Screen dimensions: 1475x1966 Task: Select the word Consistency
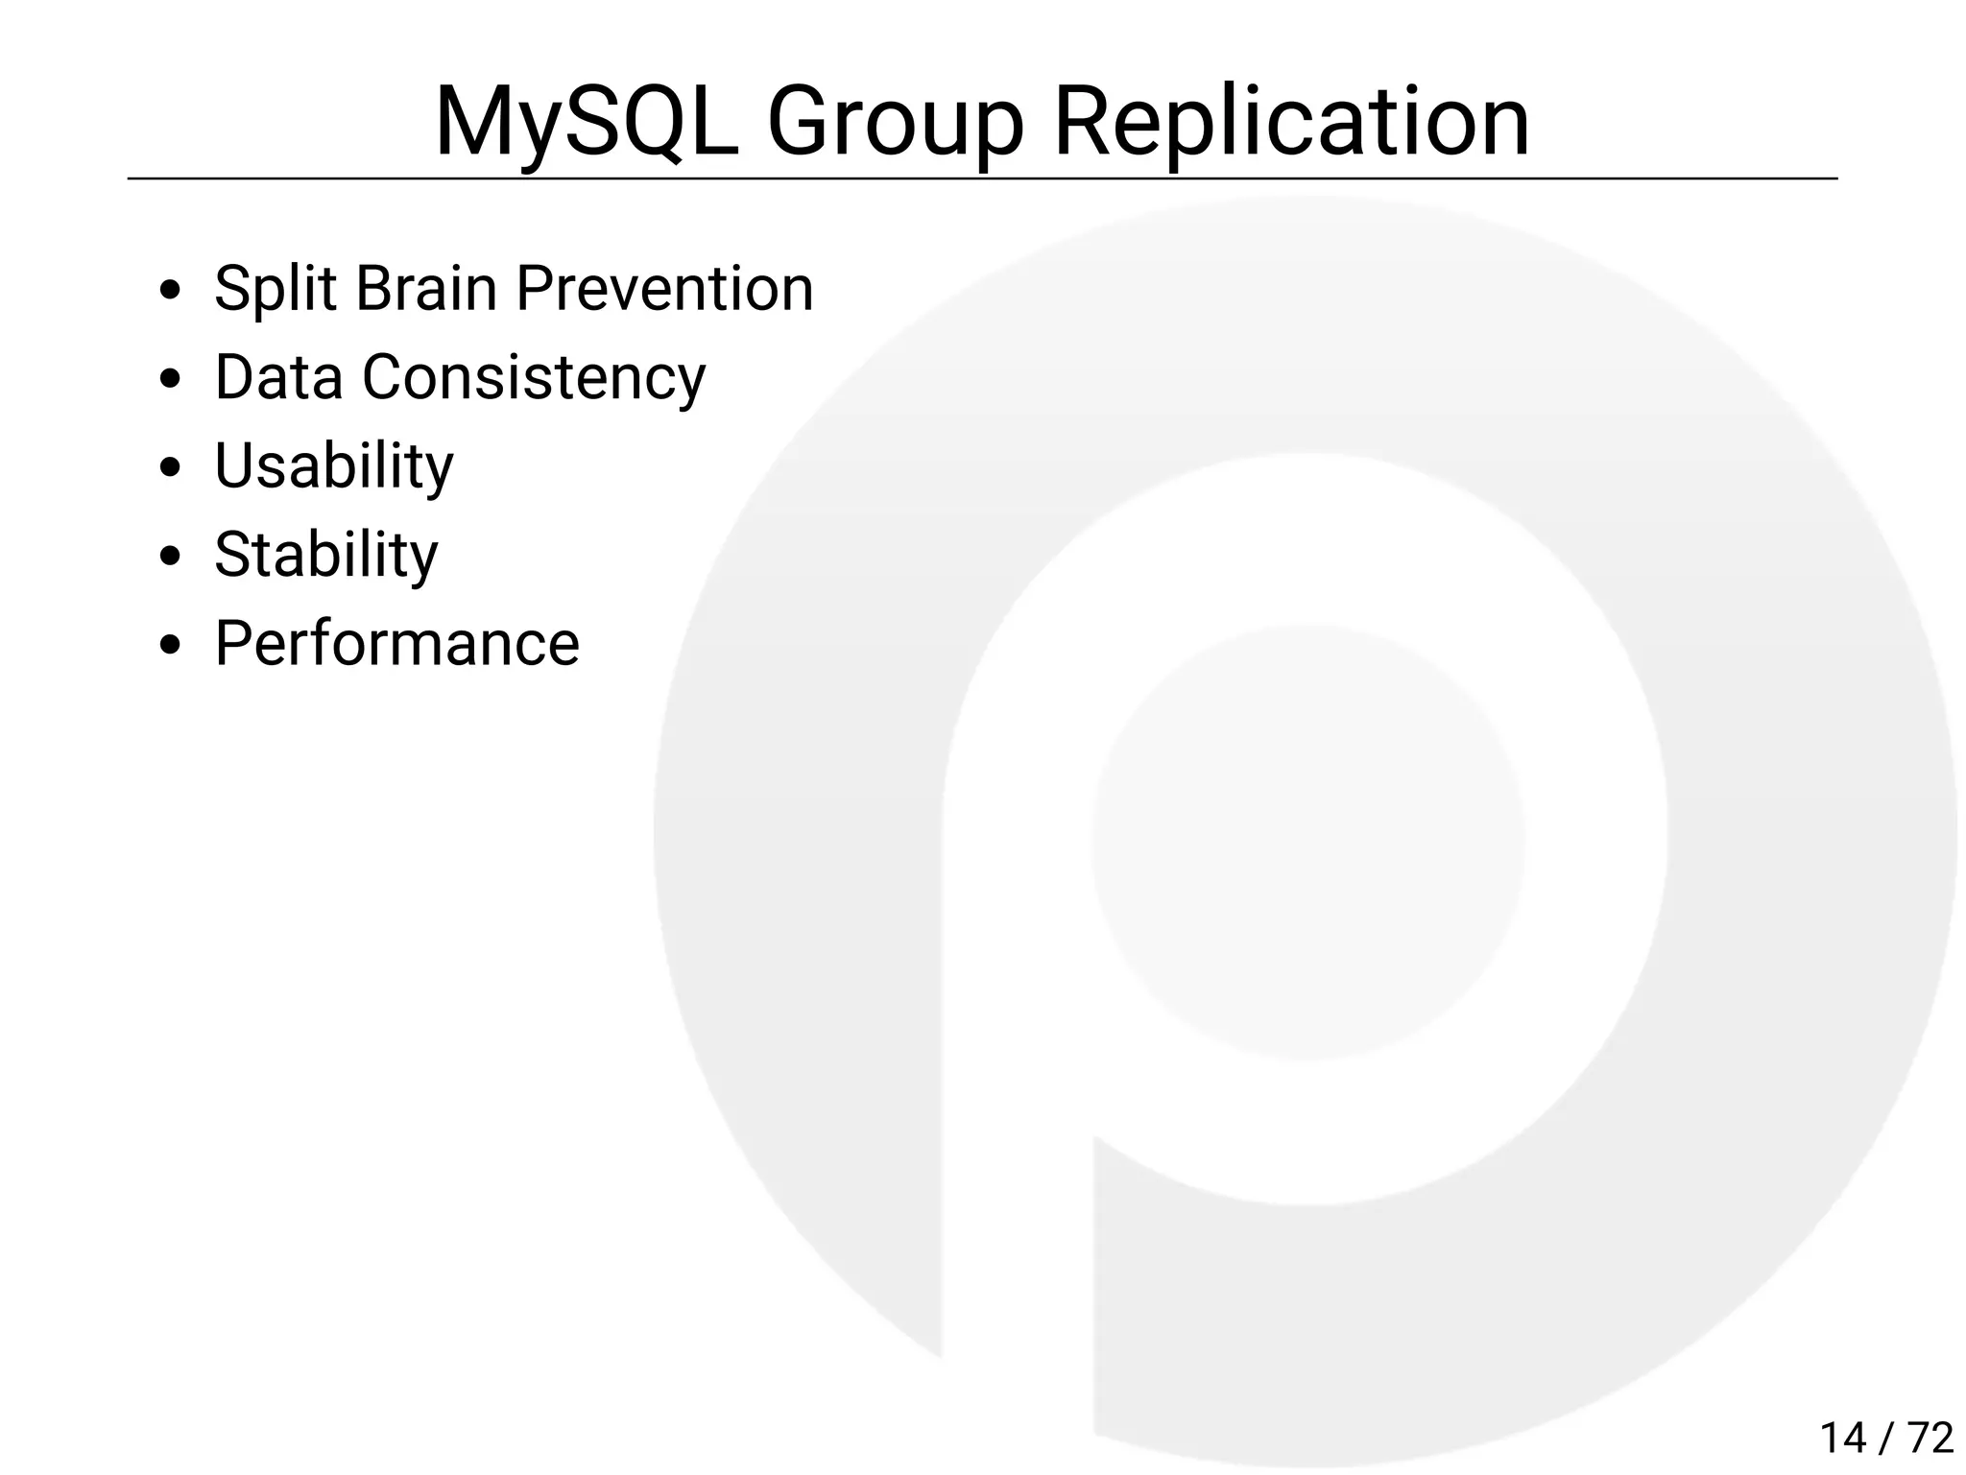[x=534, y=378]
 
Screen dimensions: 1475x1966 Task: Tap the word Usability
[x=333, y=466]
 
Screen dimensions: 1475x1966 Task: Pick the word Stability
[x=325, y=555]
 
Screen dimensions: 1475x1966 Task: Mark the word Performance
[x=396, y=643]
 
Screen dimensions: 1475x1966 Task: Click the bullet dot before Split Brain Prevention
[x=171, y=290]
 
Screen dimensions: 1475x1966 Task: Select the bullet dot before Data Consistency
[x=171, y=379]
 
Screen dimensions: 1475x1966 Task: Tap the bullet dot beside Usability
[x=171, y=467]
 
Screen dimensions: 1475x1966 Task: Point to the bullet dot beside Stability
[x=171, y=557]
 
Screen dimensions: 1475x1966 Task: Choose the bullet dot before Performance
[x=171, y=645]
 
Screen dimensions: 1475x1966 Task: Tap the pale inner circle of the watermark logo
[x=1307, y=843]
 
